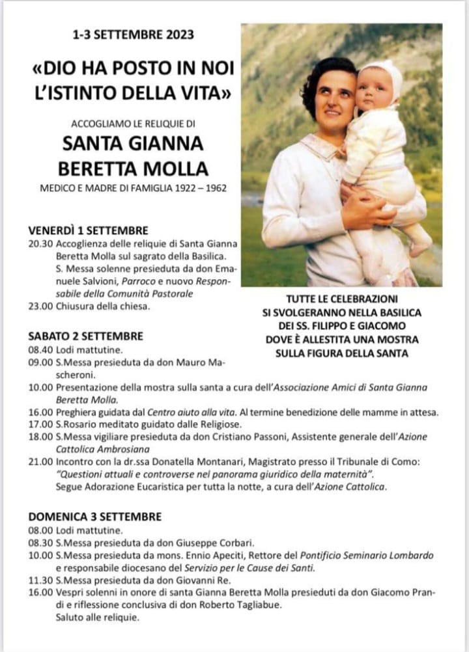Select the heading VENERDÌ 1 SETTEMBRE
tap(88, 230)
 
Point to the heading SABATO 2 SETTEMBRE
tap(85, 336)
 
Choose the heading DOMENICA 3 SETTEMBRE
tap(94, 517)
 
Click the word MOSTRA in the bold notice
tap(397, 340)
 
